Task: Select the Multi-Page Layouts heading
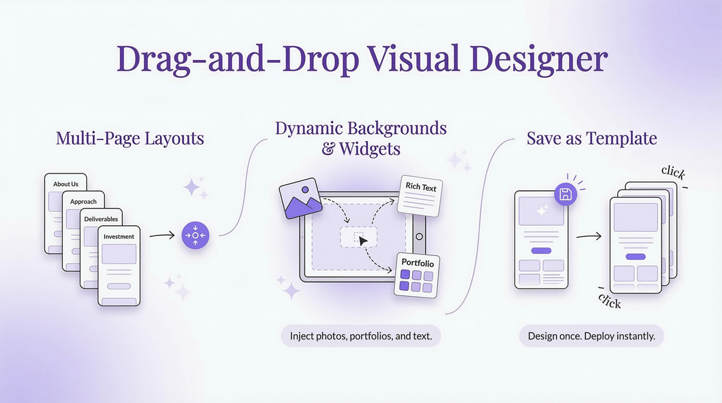pos(130,139)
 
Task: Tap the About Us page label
pos(65,184)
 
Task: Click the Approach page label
pos(83,202)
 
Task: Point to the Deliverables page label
pos(101,219)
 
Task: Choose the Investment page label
pos(119,237)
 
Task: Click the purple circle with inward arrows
pos(195,235)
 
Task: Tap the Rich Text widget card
pos(420,195)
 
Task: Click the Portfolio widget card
pos(417,275)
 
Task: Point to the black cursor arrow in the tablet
pos(363,240)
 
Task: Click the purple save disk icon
pos(565,194)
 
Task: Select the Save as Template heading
pos(591,139)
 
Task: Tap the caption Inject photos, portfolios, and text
pos(361,336)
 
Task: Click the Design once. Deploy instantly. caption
pos(591,336)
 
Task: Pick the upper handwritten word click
pos(673,173)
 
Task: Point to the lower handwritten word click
pos(610,301)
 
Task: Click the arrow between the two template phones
pos(588,237)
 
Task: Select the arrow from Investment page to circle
pos(162,235)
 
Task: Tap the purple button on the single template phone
pos(541,251)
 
